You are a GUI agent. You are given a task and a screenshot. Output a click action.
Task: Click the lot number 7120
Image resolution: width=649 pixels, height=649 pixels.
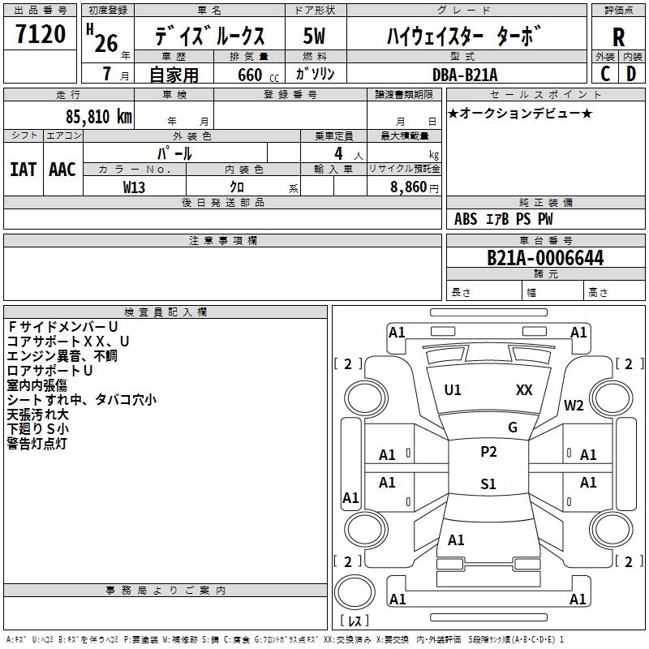tap(41, 34)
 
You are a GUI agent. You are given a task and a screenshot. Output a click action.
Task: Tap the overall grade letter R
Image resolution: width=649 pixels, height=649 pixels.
tap(618, 37)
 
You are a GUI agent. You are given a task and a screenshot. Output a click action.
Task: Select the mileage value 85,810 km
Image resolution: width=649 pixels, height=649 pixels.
tap(98, 117)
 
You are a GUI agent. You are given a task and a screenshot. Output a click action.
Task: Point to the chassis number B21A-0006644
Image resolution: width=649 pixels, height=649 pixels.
tap(545, 258)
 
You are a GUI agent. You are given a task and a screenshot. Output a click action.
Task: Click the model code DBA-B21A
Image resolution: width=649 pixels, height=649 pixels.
tap(464, 75)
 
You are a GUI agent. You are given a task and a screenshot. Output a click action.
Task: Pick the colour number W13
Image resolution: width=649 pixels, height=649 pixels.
tap(134, 187)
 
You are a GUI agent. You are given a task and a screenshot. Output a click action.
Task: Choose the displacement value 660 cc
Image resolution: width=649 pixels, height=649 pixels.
tap(258, 75)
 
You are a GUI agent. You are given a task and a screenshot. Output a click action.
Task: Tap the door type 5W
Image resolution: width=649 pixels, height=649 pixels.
tap(314, 36)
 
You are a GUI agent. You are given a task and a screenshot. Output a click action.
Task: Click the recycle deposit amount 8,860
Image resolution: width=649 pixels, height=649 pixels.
tap(409, 187)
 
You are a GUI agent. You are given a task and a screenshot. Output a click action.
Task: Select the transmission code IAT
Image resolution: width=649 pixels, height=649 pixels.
tap(24, 170)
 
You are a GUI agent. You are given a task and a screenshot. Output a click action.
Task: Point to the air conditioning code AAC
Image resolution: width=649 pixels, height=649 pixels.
tap(62, 170)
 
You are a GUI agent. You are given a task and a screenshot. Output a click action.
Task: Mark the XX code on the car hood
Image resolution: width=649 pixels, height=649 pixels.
tap(524, 390)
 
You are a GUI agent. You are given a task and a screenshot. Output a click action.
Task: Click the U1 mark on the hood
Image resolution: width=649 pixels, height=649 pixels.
tap(453, 390)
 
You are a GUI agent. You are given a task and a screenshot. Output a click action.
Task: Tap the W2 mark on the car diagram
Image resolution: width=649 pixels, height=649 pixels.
tap(574, 406)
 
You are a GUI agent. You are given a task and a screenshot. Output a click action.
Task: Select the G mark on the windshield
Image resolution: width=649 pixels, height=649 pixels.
tap(513, 428)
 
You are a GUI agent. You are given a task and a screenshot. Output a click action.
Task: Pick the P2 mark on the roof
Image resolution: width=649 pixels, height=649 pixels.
tap(488, 452)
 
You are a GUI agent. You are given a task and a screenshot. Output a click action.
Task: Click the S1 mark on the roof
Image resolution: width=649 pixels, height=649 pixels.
tap(488, 484)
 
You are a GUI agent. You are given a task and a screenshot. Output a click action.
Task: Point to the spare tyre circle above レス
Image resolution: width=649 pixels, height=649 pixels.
tap(355, 591)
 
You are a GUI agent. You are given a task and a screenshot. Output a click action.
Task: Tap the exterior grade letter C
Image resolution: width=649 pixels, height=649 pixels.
tap(605, 74)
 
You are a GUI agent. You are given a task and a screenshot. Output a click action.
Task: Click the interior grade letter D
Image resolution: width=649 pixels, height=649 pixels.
tap(631, 74)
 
